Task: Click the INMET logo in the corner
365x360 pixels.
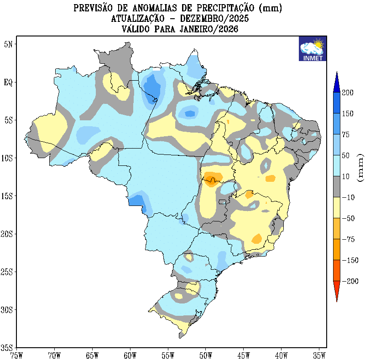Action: [x=312, y=49]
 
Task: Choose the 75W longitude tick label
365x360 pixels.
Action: [x=16, y=355]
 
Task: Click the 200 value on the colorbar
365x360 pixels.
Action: [x=348, y=93]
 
